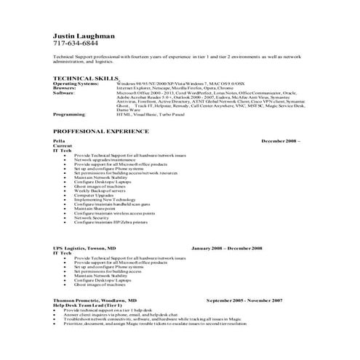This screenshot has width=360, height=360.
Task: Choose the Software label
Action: point(64,93)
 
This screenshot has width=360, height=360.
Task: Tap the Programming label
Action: point(69,114)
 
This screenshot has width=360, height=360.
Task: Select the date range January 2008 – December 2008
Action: point(227,248)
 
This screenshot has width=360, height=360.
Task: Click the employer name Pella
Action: point(59,140)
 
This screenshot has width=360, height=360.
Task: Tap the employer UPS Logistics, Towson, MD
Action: point(84,248)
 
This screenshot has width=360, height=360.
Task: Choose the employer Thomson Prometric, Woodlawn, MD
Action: point(95,300)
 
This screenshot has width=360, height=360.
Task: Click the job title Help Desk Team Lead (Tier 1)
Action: point(87,304)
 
